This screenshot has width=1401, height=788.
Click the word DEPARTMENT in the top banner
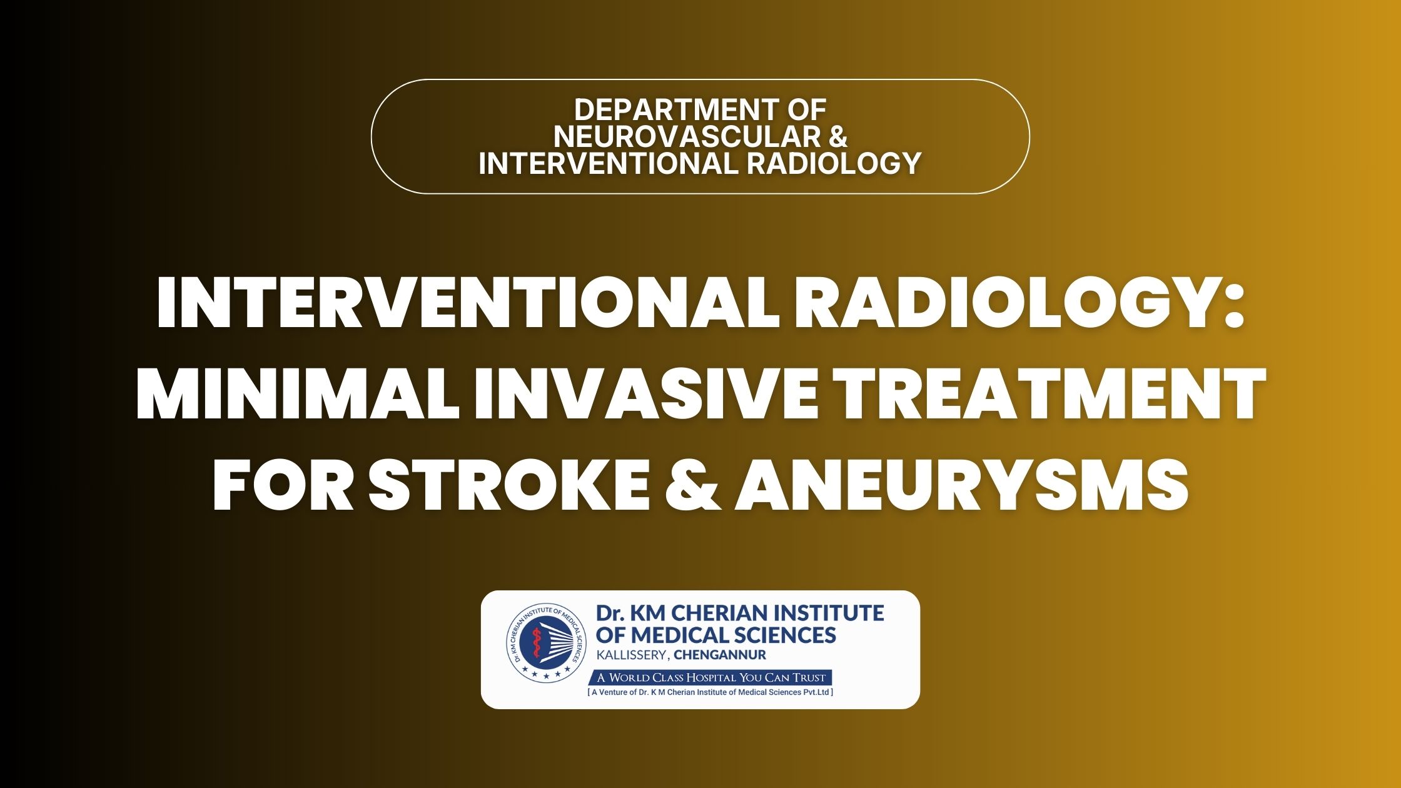pos(668,110)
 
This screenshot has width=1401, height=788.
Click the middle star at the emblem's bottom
pos(545,676)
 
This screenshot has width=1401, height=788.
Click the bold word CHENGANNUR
pos(720,655)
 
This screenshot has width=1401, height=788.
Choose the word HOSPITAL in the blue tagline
pos(711,677)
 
